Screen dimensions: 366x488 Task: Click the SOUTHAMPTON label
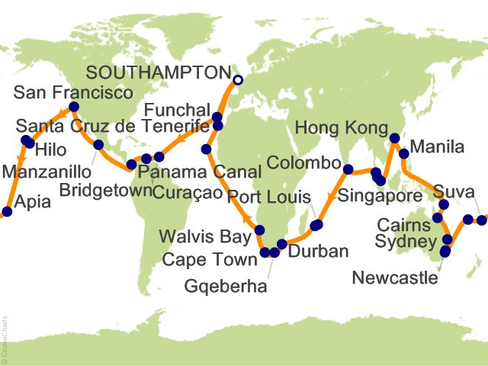(x=157, y=73)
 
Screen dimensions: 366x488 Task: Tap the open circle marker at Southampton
(x=238, y=79)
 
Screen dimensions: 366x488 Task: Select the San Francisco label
(x=74, y=93)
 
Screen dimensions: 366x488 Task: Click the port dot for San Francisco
(x=74, y=108)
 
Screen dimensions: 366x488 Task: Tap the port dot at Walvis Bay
(x=260, y=230)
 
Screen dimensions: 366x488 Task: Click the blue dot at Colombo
(x=348, y=169)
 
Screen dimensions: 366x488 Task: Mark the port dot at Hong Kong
(x=394, y=139)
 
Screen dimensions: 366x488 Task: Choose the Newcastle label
(x=395, y=278)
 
